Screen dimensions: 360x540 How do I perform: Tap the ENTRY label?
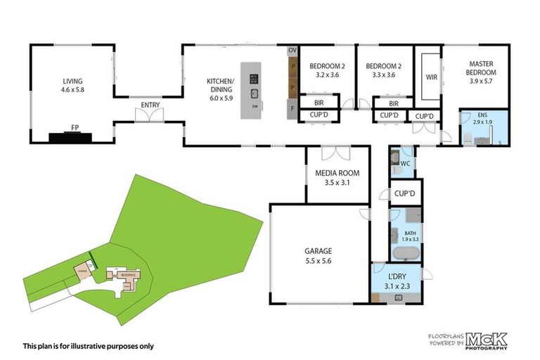click(x=150, y=105)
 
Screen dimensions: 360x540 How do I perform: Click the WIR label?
click(x=432, y=77)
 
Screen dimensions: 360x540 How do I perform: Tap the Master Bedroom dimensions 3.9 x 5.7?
click(x=482, y=82)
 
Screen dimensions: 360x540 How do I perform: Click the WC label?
click(x=405, y=164)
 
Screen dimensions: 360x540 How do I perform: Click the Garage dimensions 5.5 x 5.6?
click(x=318, y=260)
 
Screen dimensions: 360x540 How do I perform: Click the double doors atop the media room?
click(x=336, y=153)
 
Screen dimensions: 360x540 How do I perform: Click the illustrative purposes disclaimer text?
click(x=89, y=345)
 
